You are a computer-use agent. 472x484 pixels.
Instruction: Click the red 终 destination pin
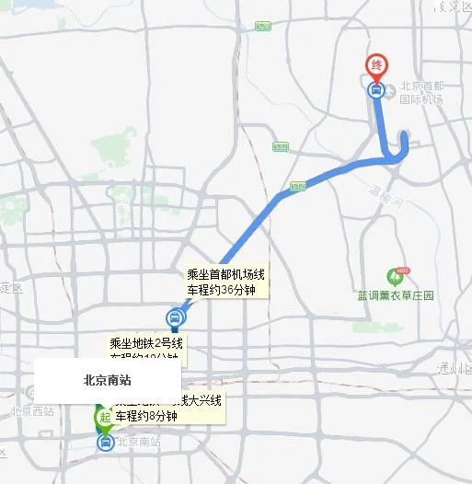tap(376, 66)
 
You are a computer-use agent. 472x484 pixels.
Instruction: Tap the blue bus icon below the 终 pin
tap(375, 90)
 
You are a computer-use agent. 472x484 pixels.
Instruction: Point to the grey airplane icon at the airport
tap(391, 90)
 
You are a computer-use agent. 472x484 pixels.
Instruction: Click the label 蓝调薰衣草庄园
tap(396, 297)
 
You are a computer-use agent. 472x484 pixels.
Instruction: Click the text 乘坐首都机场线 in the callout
tap(226, 275)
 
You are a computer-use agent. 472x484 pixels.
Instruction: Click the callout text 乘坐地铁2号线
tap(146, 343)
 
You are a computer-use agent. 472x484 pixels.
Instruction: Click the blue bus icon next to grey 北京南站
tap(106, 443)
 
